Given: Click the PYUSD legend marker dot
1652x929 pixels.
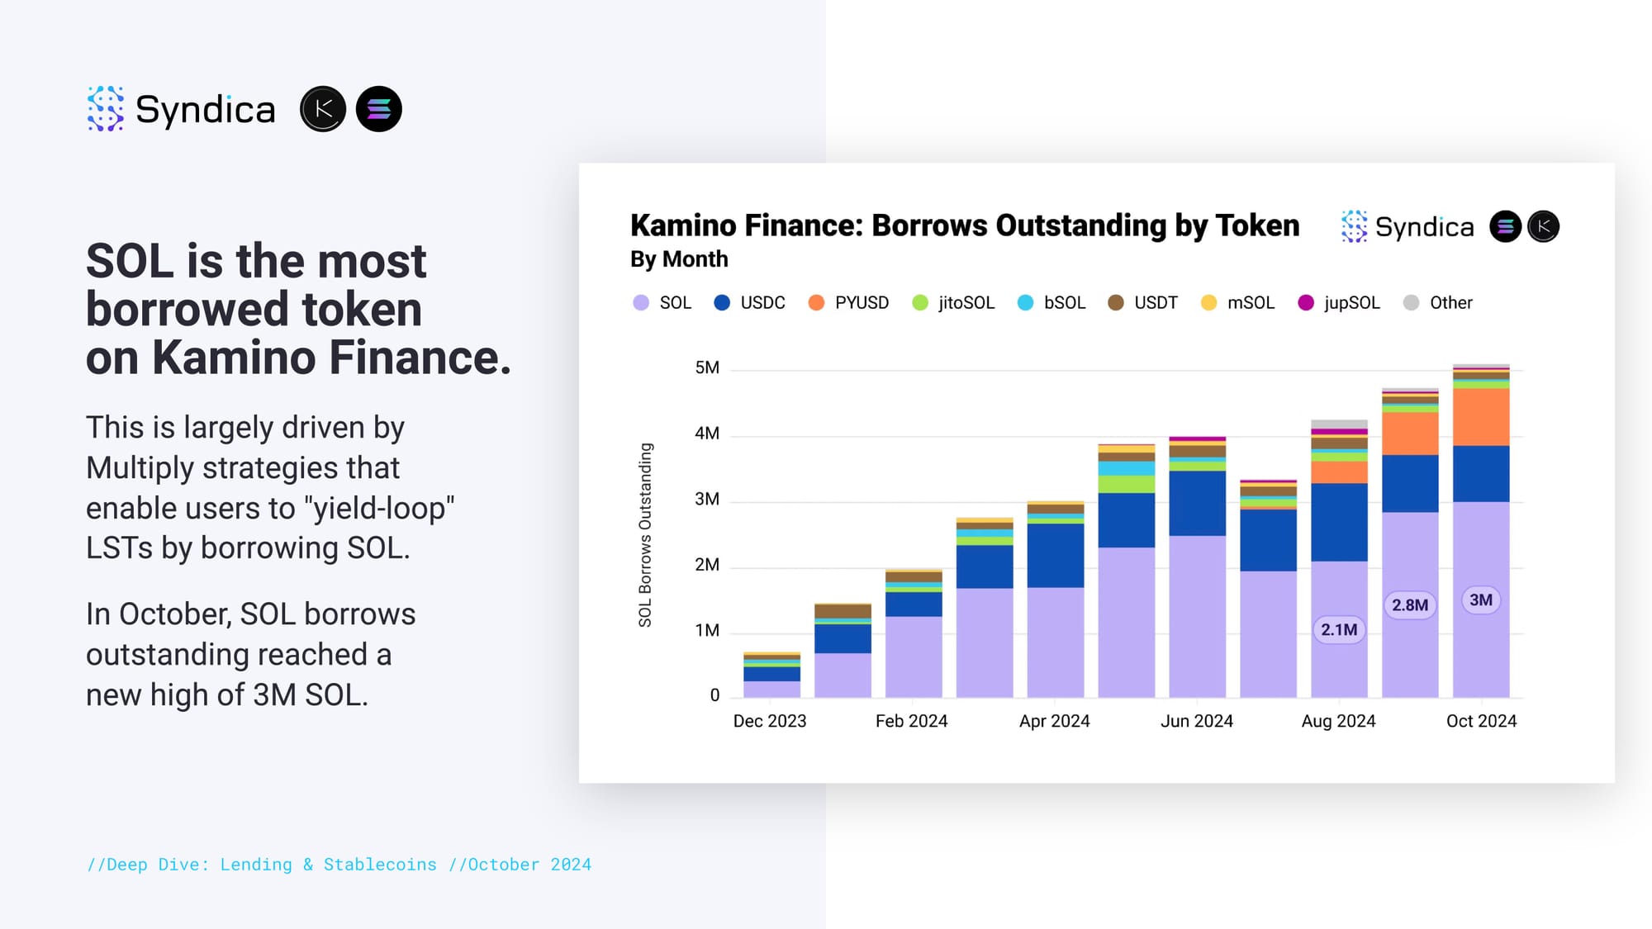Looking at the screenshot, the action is point(816,303).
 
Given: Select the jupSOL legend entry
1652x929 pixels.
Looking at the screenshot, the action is point(1339,303).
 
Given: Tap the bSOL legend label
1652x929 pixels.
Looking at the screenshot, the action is point(1065,303).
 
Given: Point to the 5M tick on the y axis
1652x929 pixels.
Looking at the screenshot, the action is point(707,367).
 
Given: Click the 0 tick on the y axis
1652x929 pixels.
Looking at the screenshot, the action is point(714,695).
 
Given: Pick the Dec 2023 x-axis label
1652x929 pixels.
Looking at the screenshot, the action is point(770,721).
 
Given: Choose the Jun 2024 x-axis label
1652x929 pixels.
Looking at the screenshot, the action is point(1197,721).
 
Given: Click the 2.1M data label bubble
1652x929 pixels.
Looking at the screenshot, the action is point(1339,630).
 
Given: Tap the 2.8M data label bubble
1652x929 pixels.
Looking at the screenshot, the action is point(1410,605).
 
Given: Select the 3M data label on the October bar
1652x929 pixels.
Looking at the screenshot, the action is point(1481,600).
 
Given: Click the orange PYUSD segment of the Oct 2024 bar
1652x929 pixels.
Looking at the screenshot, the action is point(1481,417).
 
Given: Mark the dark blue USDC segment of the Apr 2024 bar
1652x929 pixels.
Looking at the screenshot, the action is point(1056,556).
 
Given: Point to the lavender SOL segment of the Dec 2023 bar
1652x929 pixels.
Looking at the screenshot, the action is point(771,690).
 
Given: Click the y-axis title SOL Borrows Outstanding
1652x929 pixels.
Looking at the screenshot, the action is point(645,535).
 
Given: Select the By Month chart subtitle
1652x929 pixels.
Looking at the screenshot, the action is point(679,259).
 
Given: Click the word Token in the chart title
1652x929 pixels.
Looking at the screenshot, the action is point(1257,225).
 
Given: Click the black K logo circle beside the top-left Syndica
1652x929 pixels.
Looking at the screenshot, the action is point(323,109).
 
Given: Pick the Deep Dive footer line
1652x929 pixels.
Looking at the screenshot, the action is point(339,865).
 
